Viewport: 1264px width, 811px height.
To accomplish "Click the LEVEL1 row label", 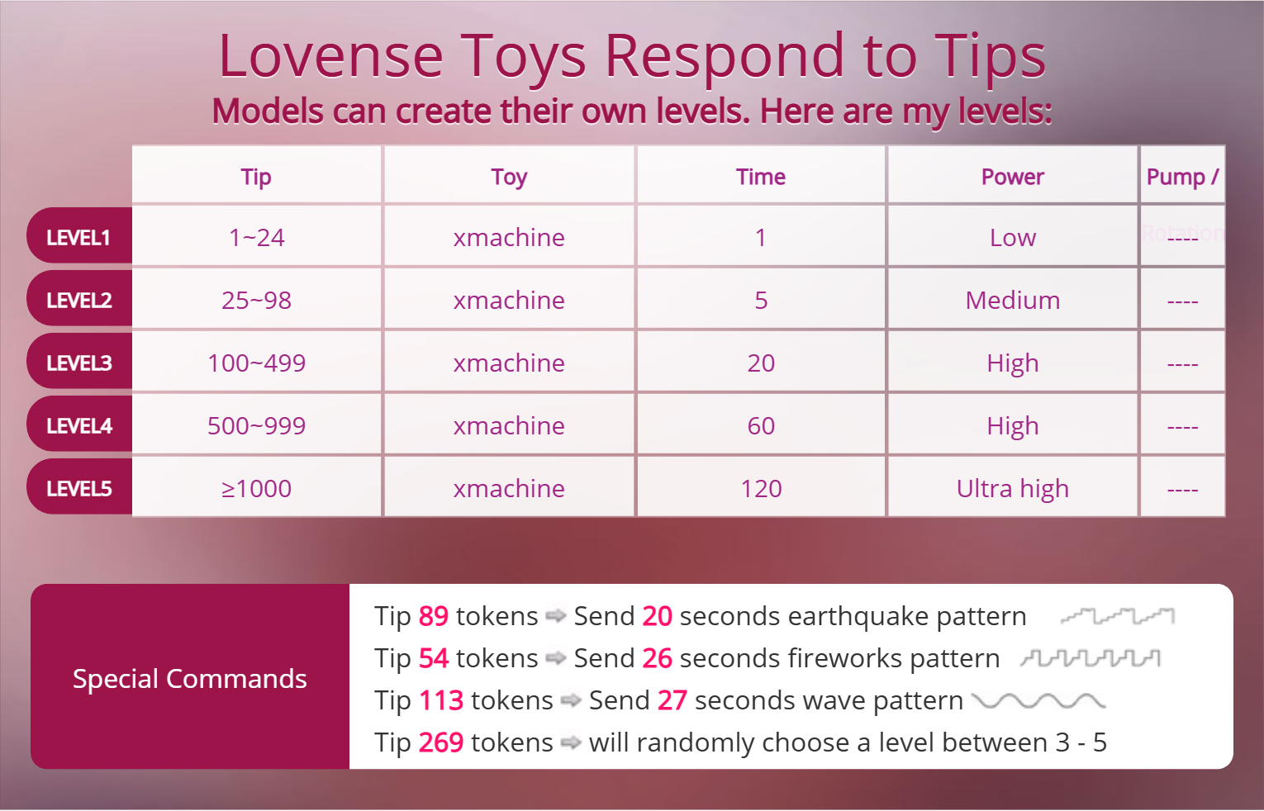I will coord(78,238).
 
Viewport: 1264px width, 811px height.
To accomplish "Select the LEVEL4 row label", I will coord(78,426).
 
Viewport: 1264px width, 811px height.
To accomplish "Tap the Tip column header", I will coord(256,177).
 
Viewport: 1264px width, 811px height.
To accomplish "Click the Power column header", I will coord(1012,177).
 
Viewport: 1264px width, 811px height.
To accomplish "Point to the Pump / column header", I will coord(1181,177).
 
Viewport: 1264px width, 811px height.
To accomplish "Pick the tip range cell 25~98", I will coord(256,301).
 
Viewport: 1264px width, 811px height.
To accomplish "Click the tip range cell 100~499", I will coord(256,363).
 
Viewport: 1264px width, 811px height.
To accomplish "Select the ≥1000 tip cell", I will coord(256,489).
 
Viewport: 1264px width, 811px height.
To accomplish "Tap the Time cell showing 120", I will coord(761,489).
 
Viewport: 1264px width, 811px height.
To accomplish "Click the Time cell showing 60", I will coord(761,426).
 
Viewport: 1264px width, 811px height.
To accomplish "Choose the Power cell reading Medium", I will coord(1012,301).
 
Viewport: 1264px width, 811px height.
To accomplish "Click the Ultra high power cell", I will coord(1012,489).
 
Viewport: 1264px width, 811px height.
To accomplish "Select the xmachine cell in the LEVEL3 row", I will coord(509,363).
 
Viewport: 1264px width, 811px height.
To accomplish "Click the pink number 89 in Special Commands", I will coord(433,616).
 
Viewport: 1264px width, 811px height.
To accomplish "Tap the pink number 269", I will coord(440,742).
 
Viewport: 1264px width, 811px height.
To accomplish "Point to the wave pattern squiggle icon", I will coord(1038,701).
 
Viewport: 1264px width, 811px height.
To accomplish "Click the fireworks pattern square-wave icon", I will coord(1091,658).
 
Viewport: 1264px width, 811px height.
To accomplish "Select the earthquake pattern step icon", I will coord(1117,616).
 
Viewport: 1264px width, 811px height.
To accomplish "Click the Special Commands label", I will coord(189,679).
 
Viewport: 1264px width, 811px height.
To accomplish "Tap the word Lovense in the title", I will coord(330,56).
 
